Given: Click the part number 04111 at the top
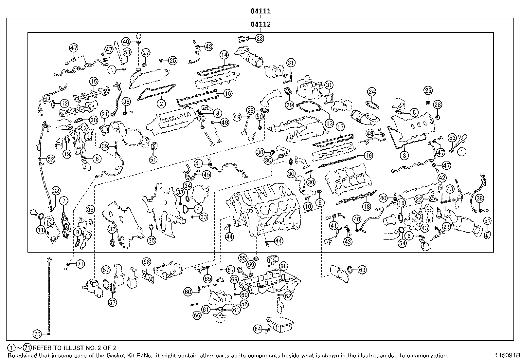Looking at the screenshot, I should [261, 11].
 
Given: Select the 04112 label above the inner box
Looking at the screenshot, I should [261, 24].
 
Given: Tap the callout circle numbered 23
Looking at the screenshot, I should [260, 38].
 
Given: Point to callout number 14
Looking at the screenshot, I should [224, 55].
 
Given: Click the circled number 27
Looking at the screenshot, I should [146, 53].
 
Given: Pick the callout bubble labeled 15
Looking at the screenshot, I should [94, 82].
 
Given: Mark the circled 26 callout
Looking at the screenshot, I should [428, 90].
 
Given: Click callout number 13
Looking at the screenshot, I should [329, 123].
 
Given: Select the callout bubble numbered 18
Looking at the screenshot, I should [367, 206].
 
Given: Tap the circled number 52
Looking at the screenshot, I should [51, 160].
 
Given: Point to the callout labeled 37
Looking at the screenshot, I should [112, 229].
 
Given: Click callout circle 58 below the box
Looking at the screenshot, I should [147, 261].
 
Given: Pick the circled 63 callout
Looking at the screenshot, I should [362, 270].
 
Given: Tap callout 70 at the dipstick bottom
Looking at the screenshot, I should [37, 334].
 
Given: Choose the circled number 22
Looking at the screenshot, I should [419, 199].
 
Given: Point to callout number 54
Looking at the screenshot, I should [402, 243].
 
